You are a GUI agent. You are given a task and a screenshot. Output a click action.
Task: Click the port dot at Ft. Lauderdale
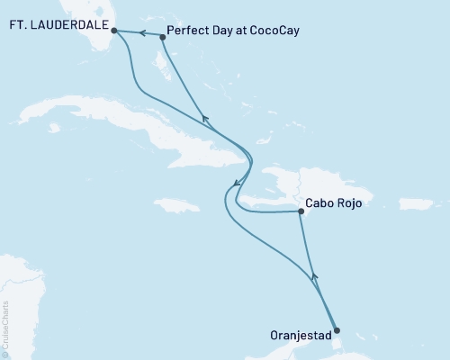113,30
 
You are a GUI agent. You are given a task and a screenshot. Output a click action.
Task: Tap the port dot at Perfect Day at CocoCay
163,37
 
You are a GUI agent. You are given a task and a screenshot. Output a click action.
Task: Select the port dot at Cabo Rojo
300,212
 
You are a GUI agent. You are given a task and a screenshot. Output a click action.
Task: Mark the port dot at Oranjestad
337,330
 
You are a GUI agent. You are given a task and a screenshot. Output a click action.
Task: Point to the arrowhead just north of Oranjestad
314,278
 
